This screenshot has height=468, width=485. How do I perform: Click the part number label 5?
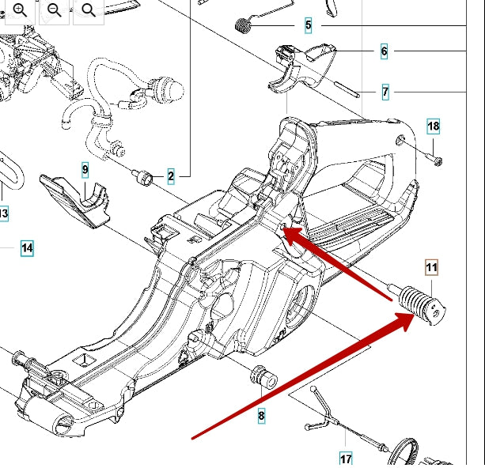click(x=308, y=26)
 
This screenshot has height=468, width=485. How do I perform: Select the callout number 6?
click(x=384, y=52)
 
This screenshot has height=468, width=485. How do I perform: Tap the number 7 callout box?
click(x=385, y=92)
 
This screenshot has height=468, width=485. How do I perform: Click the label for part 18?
click(x=433, y=126)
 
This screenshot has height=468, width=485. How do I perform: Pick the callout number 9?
click(x=85, y=170)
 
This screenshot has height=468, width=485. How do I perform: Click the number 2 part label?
click(x=171, y=177)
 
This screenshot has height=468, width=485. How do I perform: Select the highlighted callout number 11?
click(x=431, y=268)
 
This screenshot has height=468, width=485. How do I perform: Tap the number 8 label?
click(x=261, y=413)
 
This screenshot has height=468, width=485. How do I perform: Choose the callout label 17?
click(x=346, y=458)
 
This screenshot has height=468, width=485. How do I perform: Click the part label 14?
click(x=27, y=248)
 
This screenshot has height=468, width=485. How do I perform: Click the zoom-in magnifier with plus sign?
click(x=20, y=9)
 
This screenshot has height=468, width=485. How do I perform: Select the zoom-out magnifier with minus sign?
click(x=55, y=9)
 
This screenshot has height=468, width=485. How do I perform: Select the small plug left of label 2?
click(x=145, y=177)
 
